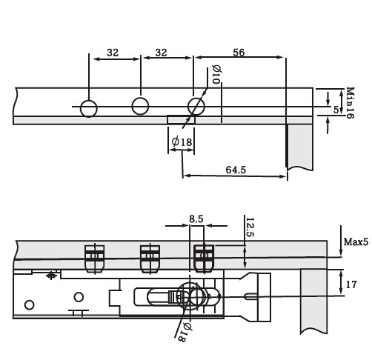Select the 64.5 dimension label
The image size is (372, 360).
coord(235,170)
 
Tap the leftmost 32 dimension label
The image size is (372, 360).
coord(113,53)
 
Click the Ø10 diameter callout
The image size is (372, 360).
coord(216,75)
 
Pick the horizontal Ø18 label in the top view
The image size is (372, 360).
coord(182,141)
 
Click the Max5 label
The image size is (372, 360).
coord(356,242)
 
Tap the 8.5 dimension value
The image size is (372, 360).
coord(195,219)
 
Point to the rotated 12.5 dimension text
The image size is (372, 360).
coord(249,227)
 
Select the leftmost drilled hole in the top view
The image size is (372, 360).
coord(88,108)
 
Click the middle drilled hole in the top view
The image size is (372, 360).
coord(140,107)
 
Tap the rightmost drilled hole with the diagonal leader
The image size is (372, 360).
coord(196,106)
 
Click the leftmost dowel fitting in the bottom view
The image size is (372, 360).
coord(94,259)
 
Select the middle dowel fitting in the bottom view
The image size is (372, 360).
coord(150,259)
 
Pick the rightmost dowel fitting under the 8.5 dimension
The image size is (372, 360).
coord(204,259)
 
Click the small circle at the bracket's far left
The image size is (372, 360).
coord(30,304)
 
